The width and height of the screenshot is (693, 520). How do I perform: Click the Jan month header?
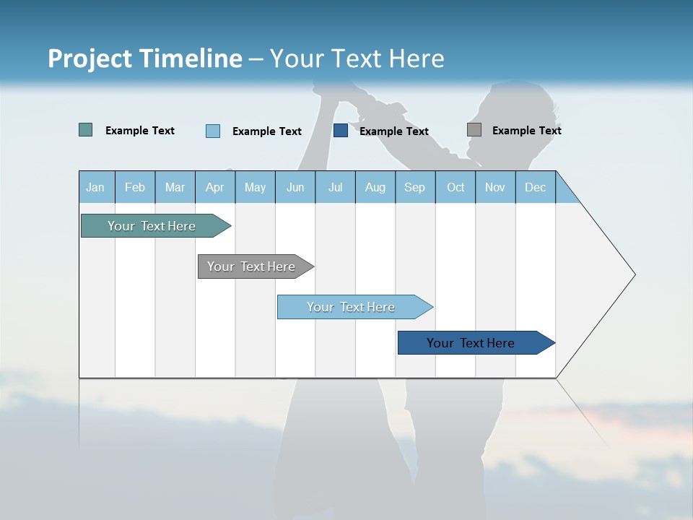pyautogui.click(x=96, y=187)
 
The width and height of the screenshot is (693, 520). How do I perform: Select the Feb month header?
pyautogui.click(x=135, y=187)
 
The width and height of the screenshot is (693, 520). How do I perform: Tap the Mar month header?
pyautogui.click(x=175, y=187)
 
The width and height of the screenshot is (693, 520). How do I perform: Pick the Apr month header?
pyautogui.click(x=215, y=187)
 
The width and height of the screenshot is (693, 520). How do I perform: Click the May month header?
pyautogui.click(x=255, y=187)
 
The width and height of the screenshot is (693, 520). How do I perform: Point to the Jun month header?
pyautogui.click(x=295, y=187)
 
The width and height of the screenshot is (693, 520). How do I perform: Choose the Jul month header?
pyautogui.click(x=335, y=187)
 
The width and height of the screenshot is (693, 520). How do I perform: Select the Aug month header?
pyautogui.click(x=375, y=187)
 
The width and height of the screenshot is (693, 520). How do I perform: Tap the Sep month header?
pyautogui.click(x=415, y=187)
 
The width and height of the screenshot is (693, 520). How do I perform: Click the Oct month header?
pyautogui.click(x=456, y=187)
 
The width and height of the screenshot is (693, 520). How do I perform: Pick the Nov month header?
pyautogui.click(x=495, y=187)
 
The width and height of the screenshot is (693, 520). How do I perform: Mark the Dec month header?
pyautogui.click(x=536, y=187)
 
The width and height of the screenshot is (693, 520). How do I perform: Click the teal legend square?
pyautogui.click(x=86, y=130)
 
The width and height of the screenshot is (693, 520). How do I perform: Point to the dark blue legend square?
pyautogui.click(x=341, y=130)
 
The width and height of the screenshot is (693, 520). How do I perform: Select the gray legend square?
pyautogui.click(x=474, y=130)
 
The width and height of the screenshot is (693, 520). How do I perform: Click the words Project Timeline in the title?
pyautogui.click(x=145, y=58)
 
